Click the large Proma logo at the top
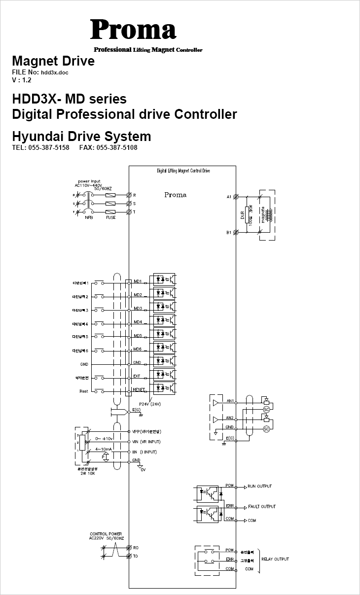[x=133, y=30]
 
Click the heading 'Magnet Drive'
[x=53, y=62]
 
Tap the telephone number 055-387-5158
[x=48, y=148]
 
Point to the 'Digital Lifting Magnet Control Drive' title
[x=183, y=171]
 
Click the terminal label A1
[x=229, y=197]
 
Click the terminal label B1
[x=229, y=232]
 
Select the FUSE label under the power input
[x=110, y=217]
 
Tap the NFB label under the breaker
[x=89, y=217]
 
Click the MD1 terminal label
[x=138, y=281]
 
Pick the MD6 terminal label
[x=138, y=349]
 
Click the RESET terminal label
[x=139, y=389]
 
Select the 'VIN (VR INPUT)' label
[x=146, y=442]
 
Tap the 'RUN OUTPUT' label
[x=259, y=487]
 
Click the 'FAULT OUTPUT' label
[x=261, y=507]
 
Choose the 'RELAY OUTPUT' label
[x=275, y=559]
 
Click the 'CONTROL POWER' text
[x=106, y=534]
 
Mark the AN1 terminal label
[x=230, y=401]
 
